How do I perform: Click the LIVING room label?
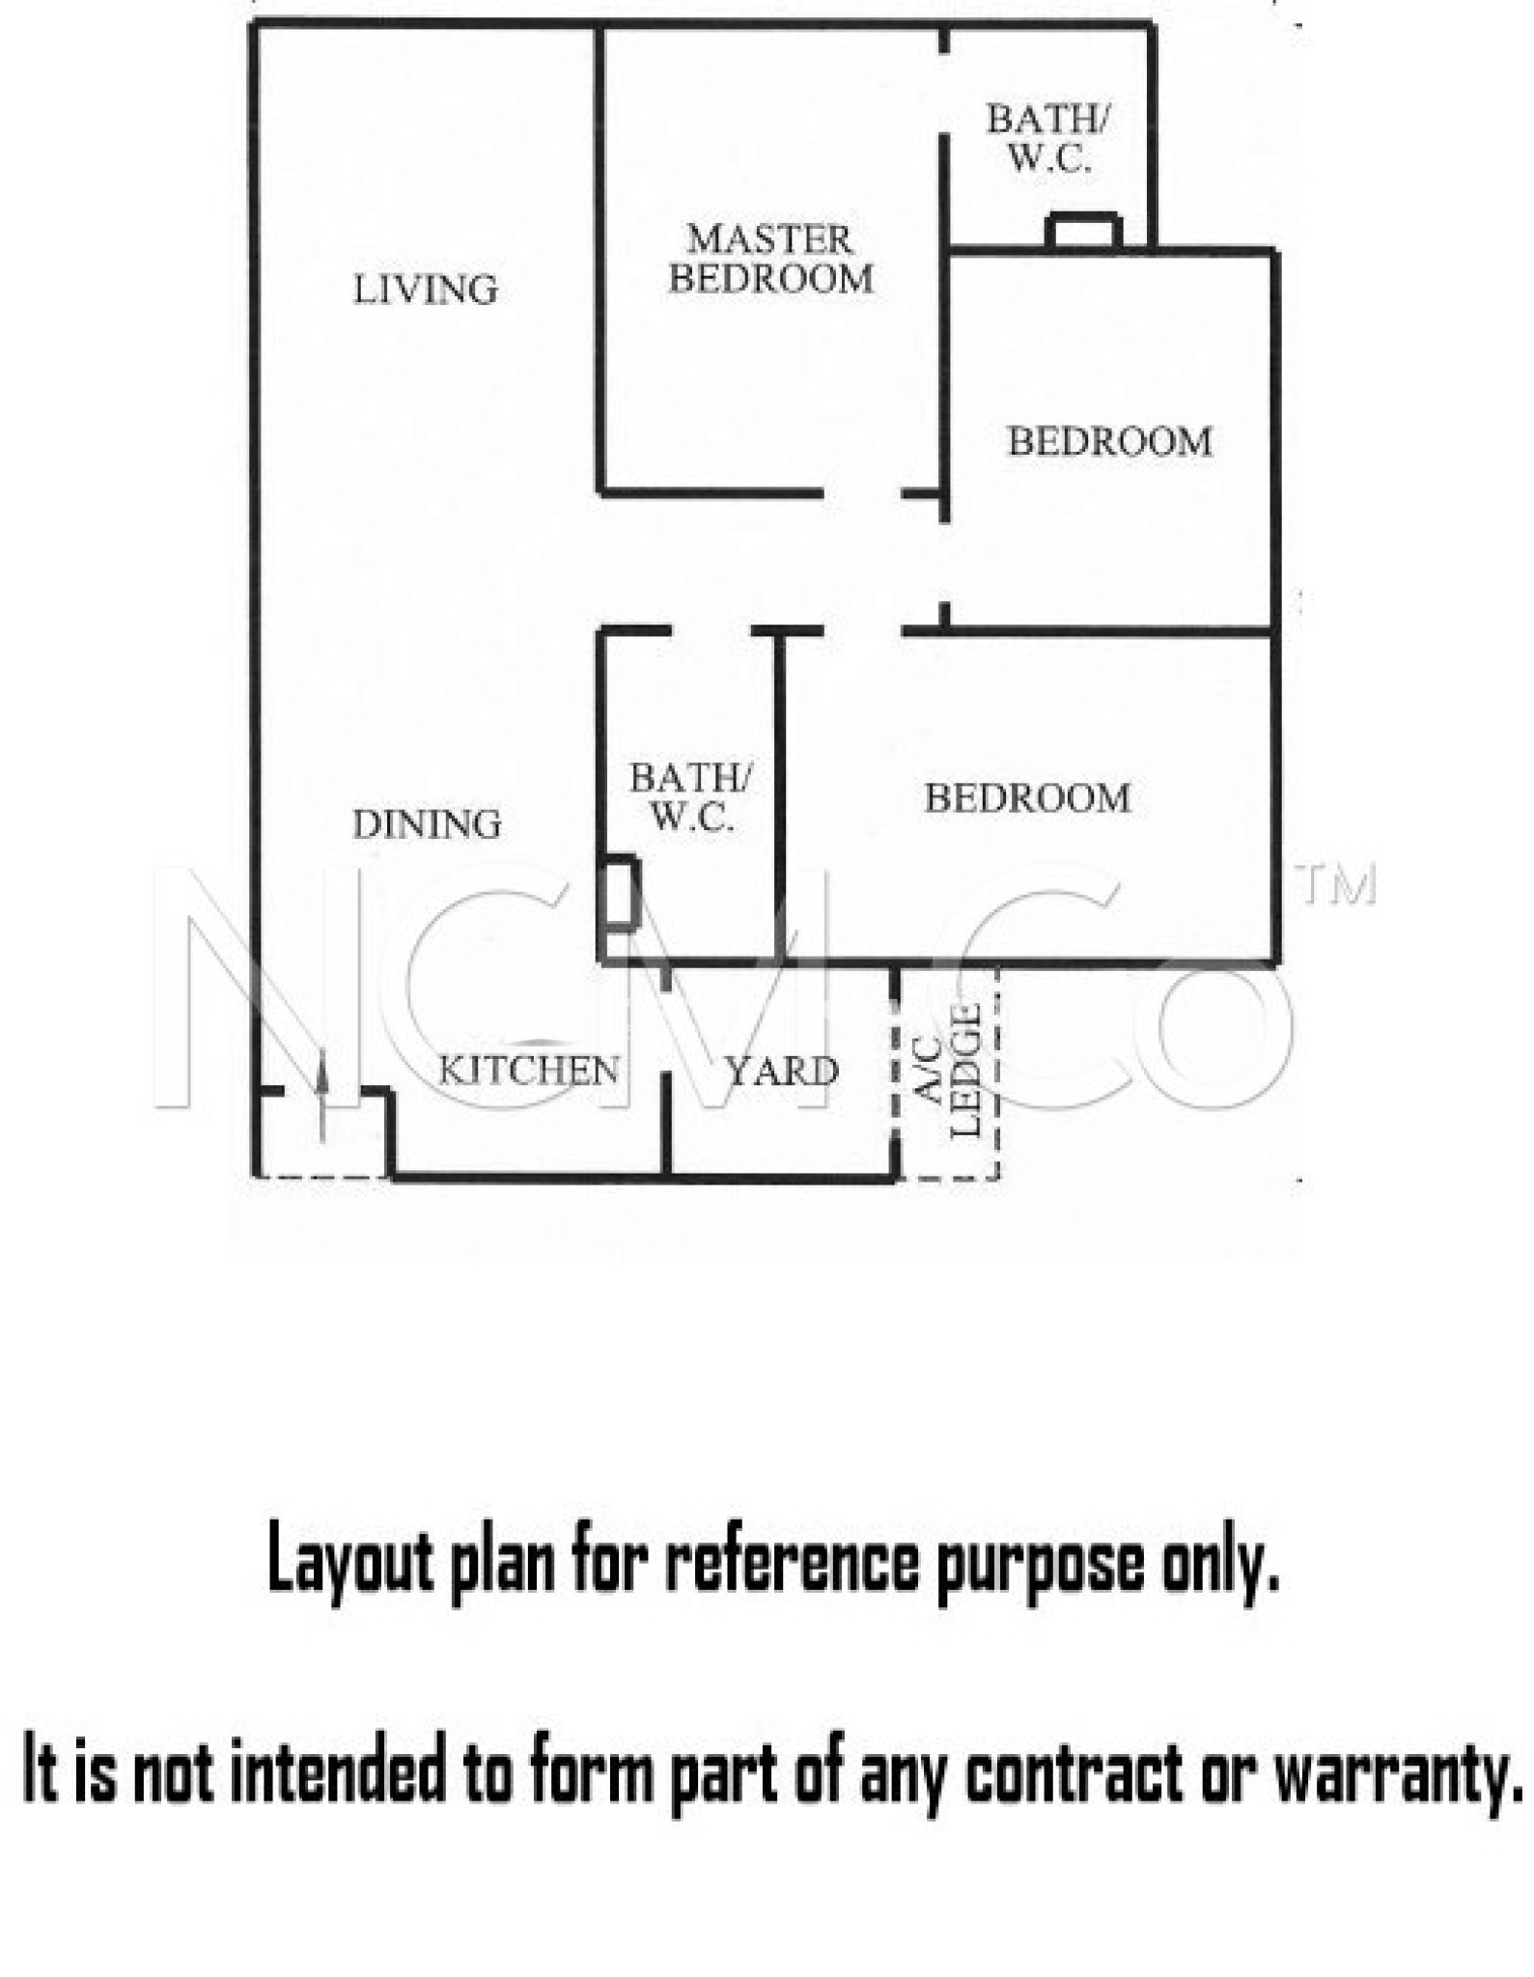tap(426, 290)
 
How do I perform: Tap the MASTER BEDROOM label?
tap(771, 259)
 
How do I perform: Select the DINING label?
tap(427, 824)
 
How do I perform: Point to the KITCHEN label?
tap(529, 1070)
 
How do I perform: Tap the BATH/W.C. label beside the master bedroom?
tap(1048, 139)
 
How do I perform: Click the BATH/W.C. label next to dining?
tap(689, 797)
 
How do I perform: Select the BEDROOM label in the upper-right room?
tap(1110, 442)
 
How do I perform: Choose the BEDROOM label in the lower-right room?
tap(1028, 798)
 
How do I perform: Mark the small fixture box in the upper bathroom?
tap(1084, 231)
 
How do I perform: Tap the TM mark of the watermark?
tap(1337, 885)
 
